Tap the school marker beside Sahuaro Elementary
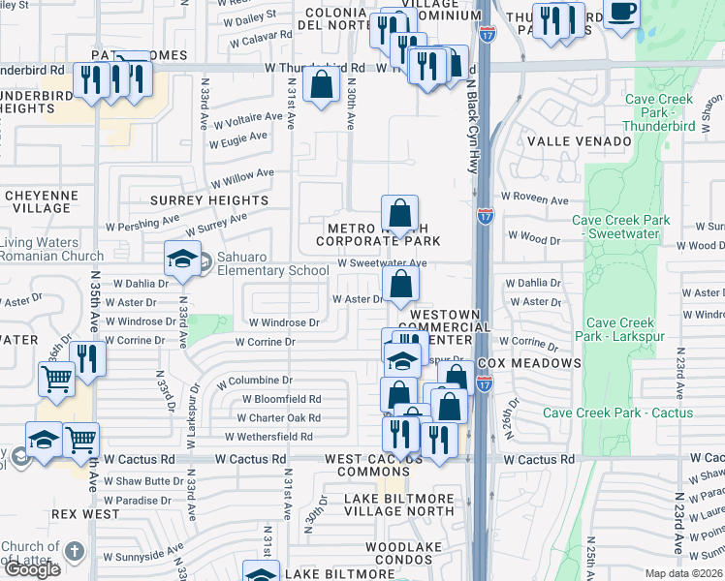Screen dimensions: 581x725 tap(181, 258)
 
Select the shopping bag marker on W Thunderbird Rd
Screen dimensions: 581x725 tap(321, 84)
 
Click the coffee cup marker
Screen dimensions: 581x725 tap(621, 13)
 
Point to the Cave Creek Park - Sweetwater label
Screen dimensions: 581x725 tap(620, 228)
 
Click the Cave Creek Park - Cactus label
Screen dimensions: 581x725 tap(617, 413)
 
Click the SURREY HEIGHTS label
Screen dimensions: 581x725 tap(208, 200)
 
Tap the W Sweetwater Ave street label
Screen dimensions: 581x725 tap(382, 263)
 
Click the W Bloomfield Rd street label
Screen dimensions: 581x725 tap(281, 399)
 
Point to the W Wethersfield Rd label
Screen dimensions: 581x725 tap(272, 438)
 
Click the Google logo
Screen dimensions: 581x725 tap(32, 569)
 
